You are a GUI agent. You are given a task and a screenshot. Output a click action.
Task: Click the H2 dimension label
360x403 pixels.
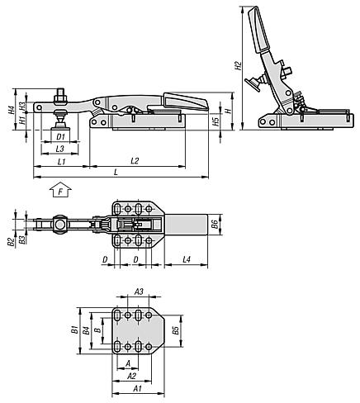(238, 65)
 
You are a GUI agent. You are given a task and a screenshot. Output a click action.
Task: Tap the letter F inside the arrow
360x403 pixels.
(60, 192)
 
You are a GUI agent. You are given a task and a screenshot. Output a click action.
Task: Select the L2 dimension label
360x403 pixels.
(135, 161)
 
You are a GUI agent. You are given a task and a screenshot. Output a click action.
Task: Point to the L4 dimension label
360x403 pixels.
(187, 259)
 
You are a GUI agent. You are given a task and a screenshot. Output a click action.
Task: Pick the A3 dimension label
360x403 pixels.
(139, 292)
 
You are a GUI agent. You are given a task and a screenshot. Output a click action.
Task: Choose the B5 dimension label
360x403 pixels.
(175, 330)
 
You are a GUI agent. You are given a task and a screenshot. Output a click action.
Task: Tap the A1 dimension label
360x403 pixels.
(137, 388)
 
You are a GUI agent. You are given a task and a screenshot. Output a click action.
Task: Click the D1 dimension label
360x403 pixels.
(60, 136)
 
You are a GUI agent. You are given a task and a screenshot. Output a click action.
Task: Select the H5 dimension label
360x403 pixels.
(216, 121)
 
